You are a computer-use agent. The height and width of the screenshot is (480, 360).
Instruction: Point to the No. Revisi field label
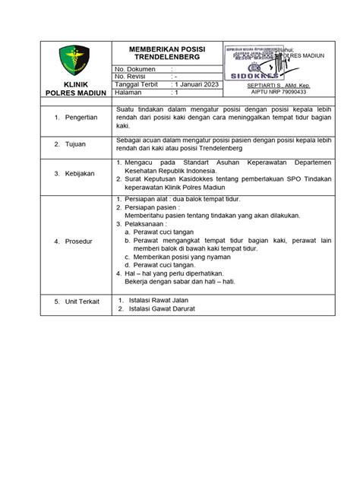pos(131,76)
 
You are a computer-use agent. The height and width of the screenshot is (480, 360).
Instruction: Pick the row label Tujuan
pos(76,144)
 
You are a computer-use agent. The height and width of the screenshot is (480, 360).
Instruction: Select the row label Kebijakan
pos(80,173)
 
